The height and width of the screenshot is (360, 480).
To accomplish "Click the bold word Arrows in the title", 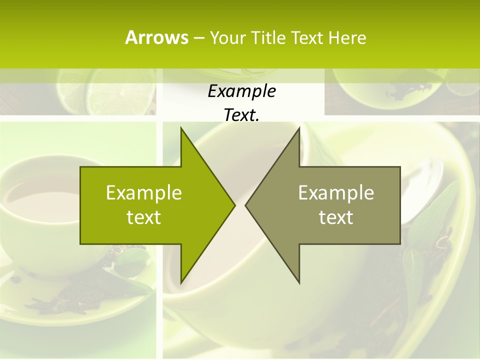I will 156,37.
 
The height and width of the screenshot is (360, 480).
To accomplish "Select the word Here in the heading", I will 347,37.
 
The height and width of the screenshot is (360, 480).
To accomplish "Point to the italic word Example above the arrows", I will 241,91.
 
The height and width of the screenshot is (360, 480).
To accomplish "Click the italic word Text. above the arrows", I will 241,115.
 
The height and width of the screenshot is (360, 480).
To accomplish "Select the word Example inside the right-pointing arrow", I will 144,192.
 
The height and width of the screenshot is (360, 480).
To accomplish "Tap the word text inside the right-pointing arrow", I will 144,217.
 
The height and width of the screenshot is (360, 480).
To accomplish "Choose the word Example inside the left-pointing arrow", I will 336,192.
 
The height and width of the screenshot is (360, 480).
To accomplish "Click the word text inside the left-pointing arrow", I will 336,217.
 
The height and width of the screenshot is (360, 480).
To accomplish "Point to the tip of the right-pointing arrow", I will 234,205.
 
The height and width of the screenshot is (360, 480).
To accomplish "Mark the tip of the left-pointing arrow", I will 246,205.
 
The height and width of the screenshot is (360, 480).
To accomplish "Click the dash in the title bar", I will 198,38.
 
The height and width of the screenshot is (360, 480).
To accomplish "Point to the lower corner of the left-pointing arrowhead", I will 299,282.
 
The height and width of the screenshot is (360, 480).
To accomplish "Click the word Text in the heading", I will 307,37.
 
